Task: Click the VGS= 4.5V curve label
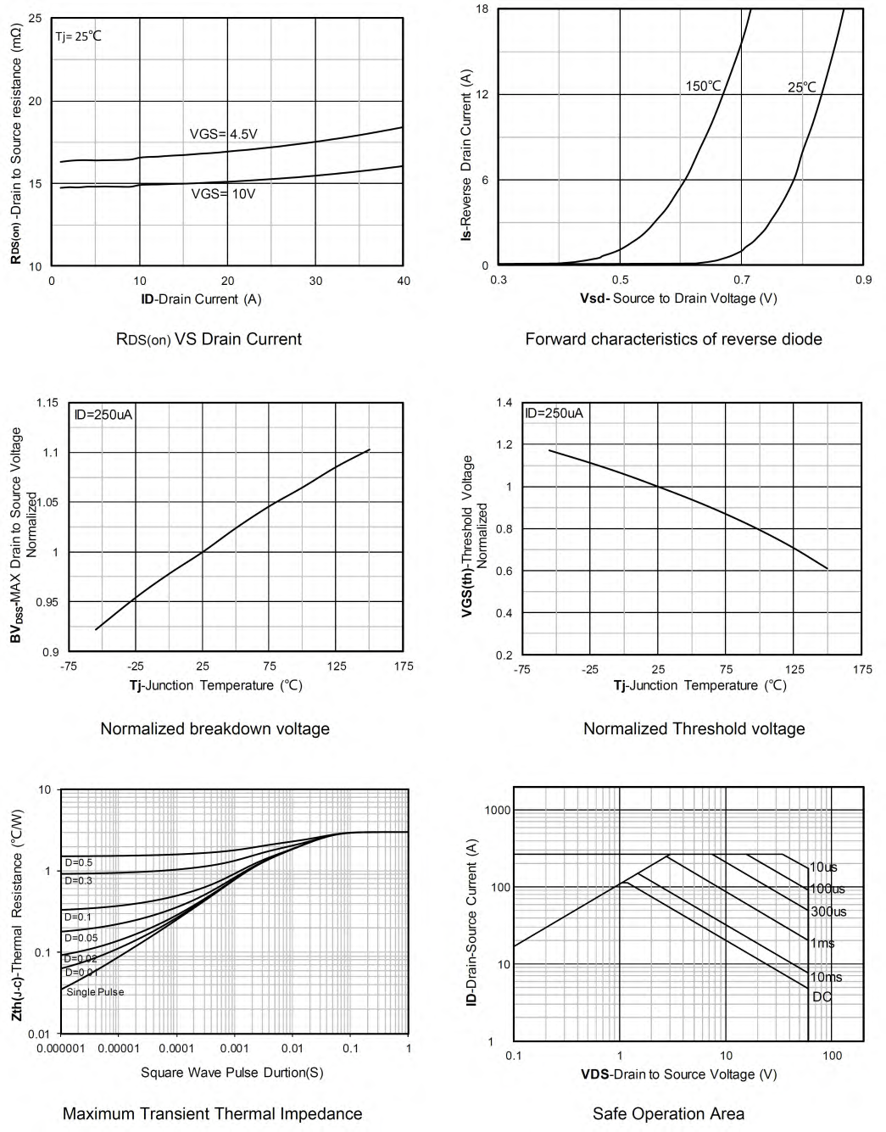click(223, 134)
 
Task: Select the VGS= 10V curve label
click(223, 193)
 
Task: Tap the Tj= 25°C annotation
click(79, 36)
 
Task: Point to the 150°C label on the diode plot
click(703, 86)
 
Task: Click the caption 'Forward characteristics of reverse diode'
click(673, 339)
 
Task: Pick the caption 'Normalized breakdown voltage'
click(215, 728)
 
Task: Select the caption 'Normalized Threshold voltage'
click(694, 728)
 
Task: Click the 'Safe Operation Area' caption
click(668, 1113)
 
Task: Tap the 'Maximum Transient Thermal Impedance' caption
click(212, 1113)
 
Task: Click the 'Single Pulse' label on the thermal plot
click(95, 992)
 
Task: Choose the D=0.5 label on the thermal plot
click(79, 862)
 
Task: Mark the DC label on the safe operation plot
click(822, 996)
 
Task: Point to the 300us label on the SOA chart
click(828, 912)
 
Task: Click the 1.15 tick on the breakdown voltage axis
click(47, 403)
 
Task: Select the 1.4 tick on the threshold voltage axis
click(504, 402)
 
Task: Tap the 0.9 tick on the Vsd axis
click(862, 281)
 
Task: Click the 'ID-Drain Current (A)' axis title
click(201, 299)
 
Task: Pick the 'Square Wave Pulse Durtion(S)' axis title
click(231, 1073)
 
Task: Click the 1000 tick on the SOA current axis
click(498, 811)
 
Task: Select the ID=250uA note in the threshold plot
click(554, 414)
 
